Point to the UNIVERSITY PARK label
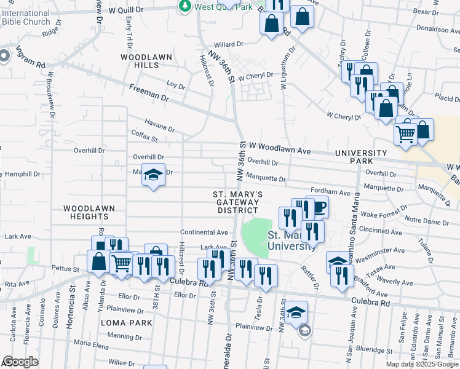[361, 157]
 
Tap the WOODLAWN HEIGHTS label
[90, 212]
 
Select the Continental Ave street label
[204, 232]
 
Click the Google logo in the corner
[21, 362]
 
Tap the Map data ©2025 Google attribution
[422, 364]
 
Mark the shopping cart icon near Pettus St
[122, 263]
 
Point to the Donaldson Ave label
[438, 28]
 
